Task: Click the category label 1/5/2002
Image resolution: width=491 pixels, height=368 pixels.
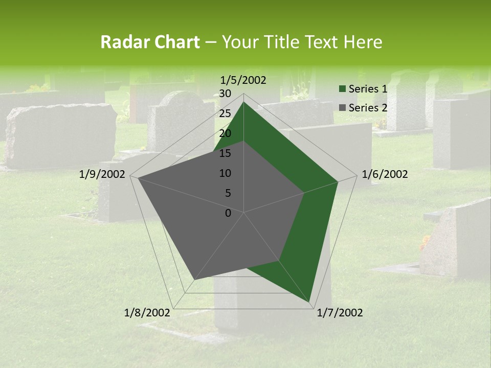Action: coord(243,80)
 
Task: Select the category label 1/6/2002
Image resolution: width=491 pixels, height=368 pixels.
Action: coord(385,174)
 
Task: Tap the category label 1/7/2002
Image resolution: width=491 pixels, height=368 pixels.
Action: coord(340,313)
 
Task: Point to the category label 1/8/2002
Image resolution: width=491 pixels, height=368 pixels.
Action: coord(147,313)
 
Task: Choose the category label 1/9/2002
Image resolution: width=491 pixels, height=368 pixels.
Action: coord(102,174)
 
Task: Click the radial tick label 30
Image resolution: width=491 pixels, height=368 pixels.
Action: coord(225,94)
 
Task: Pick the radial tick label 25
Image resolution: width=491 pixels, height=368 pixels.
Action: coord(225,113)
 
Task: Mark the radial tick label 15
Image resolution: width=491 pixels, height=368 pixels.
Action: coord(225,153)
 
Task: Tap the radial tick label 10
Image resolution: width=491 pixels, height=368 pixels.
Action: coord(225,173)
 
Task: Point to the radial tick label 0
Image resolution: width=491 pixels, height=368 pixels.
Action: coord(228,213)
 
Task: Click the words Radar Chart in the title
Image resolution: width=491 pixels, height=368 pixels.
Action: coord(150,42)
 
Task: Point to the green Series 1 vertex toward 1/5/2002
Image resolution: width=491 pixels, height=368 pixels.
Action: coord(243,102)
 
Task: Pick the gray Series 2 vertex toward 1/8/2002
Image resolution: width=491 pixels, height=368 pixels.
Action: coord(194,280)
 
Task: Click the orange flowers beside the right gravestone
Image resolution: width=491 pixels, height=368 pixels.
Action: coord(425,243)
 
